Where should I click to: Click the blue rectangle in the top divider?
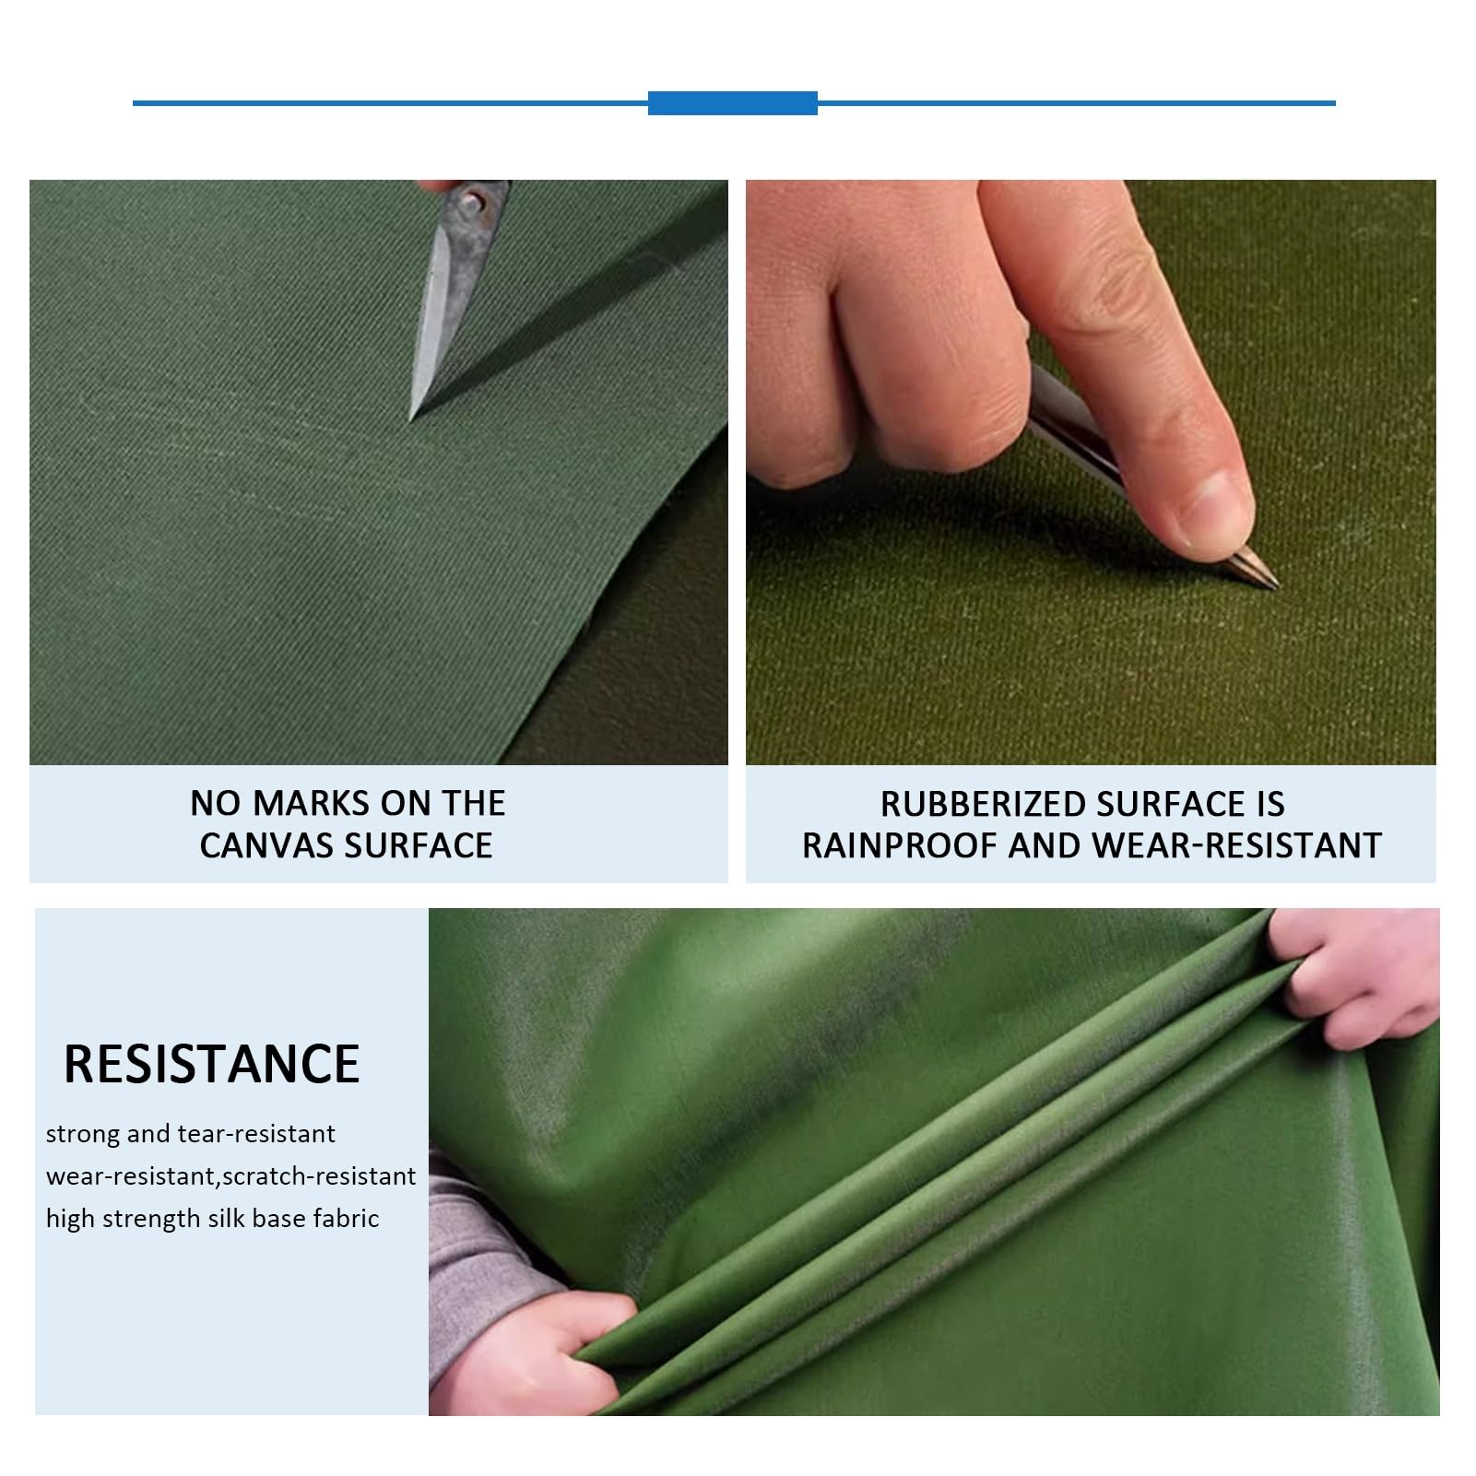point(732,103)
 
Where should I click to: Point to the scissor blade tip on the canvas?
point(412,417)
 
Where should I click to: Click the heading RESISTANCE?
point(211,1064)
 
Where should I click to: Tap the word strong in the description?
point(83,1134)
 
